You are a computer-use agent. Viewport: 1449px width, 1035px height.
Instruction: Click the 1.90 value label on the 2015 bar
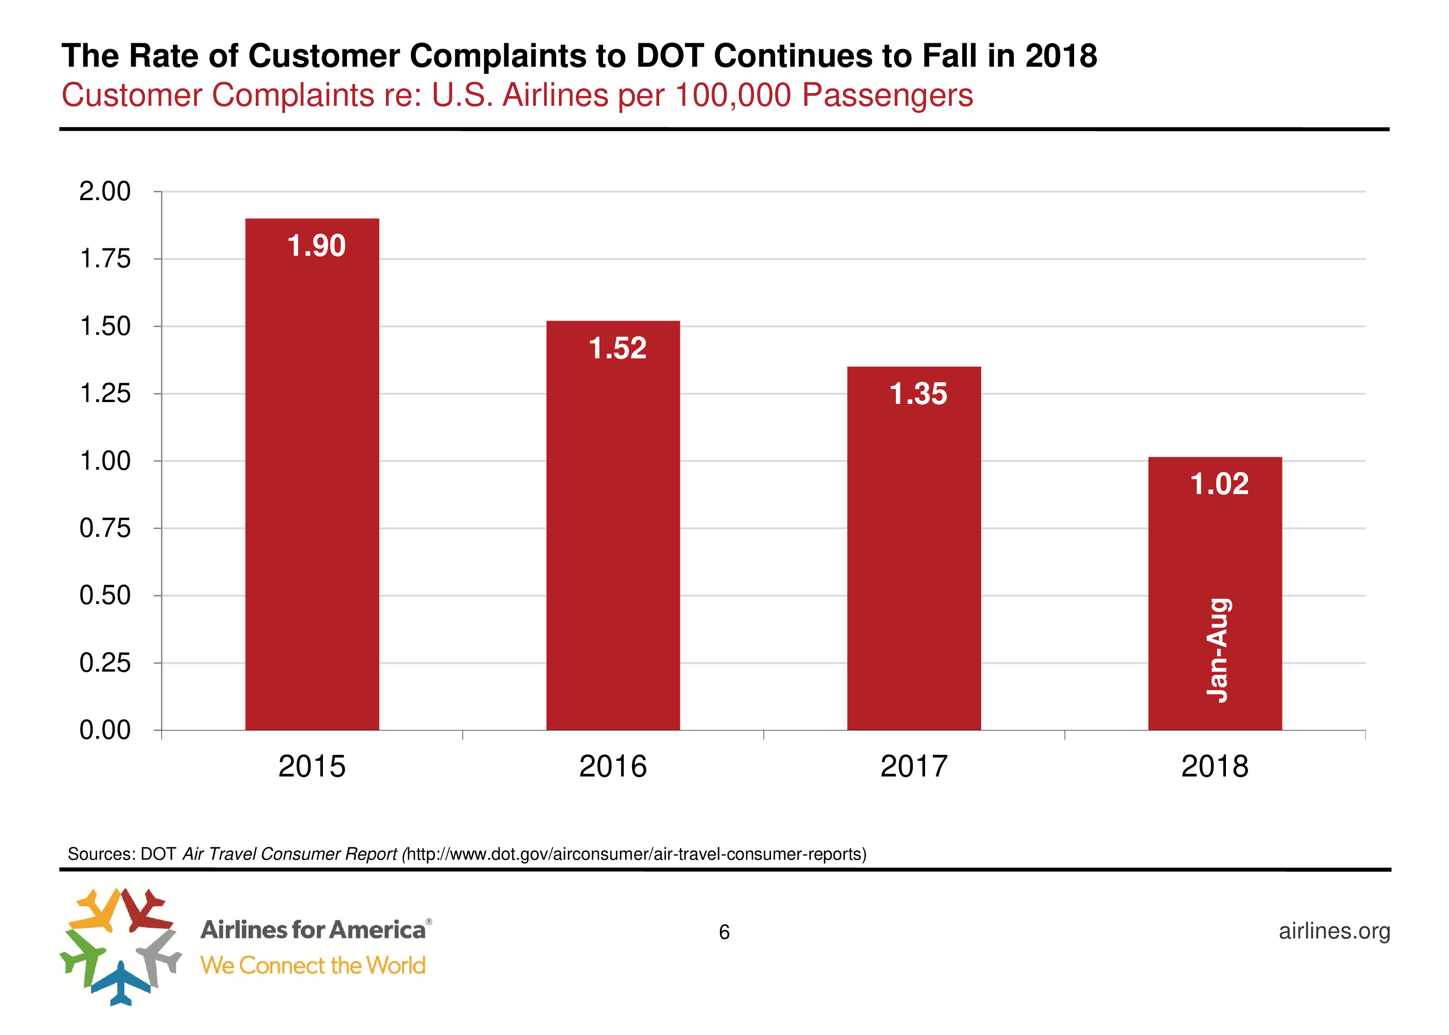316,246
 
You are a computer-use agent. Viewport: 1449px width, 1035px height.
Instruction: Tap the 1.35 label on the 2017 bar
918,394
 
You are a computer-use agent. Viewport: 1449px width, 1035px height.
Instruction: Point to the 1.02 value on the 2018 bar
1219,484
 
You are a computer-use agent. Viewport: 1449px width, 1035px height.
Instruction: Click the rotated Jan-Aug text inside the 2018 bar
1218,650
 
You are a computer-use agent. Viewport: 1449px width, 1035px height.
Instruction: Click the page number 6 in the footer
724,932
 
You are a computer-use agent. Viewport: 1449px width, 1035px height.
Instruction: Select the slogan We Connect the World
312,966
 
